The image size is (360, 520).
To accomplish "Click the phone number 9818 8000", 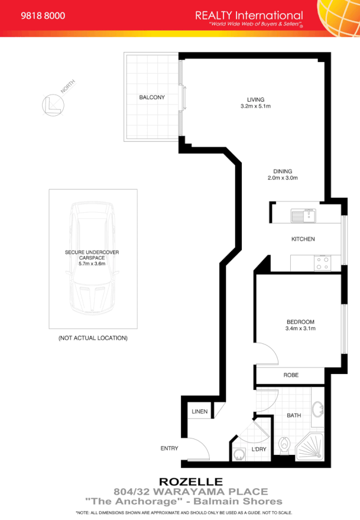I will pos(43,16).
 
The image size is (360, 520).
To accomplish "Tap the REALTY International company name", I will pos(249,15).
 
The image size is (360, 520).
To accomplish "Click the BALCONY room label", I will pos(152,97).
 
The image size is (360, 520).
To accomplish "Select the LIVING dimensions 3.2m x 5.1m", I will pos(255,106).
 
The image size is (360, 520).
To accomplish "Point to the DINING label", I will pos(283,171).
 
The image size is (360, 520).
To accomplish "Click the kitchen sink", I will pos(303,216).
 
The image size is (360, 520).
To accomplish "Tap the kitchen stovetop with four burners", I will pos(323,262).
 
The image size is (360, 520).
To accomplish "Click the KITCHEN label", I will pos(303,239).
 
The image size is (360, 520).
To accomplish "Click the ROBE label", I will pos(291,375).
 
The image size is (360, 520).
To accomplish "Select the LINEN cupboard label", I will pos(199,412).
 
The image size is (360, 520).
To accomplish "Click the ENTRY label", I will pos(169,448).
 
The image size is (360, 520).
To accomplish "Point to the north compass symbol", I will pos(52,104).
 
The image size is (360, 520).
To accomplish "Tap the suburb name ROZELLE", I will pos(187,482).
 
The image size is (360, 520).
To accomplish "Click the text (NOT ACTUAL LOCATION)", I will pos(93,338).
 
